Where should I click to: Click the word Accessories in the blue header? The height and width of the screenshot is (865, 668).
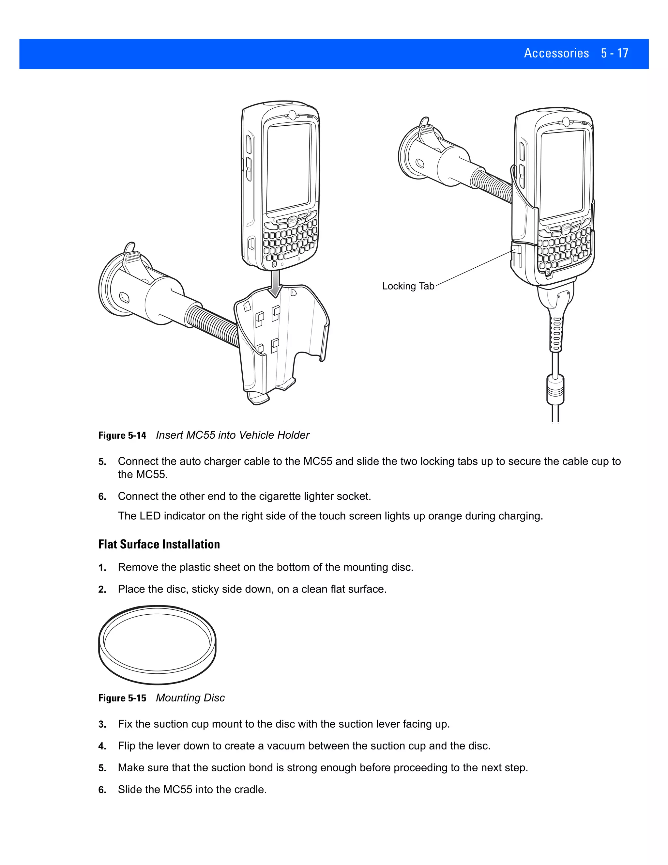click(556, 53)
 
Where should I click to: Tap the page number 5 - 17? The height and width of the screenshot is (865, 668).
click(614, 53)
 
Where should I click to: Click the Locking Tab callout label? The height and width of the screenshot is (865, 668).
click(408, 286)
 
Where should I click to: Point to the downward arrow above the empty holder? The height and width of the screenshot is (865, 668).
click(275, 284)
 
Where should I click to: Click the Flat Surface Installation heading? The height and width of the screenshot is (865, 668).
click(159, 544)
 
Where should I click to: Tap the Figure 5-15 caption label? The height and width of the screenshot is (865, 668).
click(122, 698)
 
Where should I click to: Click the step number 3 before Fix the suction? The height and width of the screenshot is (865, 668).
click(102, 724)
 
